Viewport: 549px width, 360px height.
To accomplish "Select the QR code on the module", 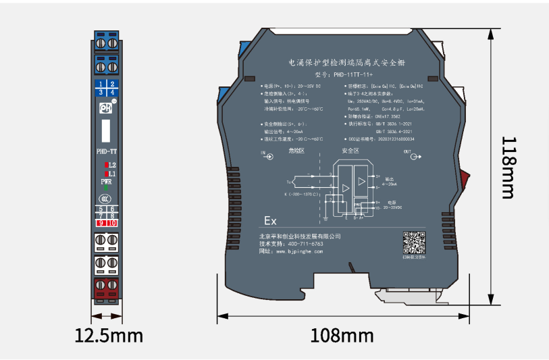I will (x=414, y=242).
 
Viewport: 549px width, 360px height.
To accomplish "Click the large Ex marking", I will (x=270, y=221).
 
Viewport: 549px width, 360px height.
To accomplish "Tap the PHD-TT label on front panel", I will (x=106, y=151).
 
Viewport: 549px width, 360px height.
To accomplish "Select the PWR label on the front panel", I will (x=107, y=182).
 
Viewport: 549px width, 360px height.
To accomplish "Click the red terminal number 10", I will (x=112, y=224).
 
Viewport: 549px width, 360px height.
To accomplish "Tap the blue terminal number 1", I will (x=101, y=84).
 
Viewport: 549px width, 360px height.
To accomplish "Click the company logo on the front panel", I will (x=105, y=107).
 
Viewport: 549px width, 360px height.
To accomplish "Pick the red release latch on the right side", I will (x=466, y=180).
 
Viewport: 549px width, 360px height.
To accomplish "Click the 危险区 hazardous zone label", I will (x=296, y=151).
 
